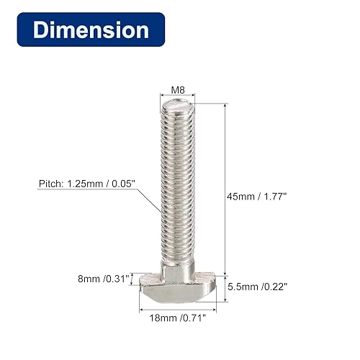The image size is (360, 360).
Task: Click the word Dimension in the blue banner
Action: tap(91, 30)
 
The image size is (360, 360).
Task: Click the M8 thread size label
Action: tap(178, 91)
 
